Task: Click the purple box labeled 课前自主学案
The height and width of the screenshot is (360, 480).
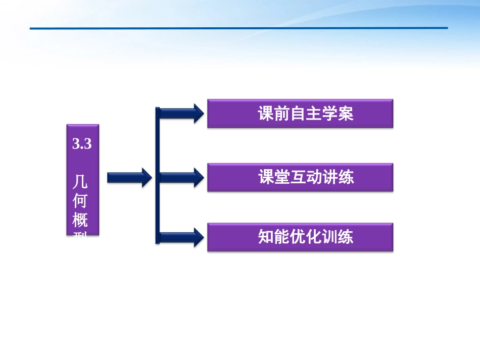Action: (x=300, y=114)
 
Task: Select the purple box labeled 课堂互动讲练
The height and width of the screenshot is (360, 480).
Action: (x=300, y=177)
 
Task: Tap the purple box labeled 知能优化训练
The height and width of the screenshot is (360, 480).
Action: (x=300, y=237)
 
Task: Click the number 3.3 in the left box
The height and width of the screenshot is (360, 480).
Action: (x=82, y=144)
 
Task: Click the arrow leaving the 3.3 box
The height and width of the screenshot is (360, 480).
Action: (x=129, y=177)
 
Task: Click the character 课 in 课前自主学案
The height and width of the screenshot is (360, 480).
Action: (x=266, y=114)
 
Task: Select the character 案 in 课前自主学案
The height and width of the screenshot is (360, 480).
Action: (x=346, y=114)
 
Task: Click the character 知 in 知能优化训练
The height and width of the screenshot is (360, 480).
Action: (x=266, y=237)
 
